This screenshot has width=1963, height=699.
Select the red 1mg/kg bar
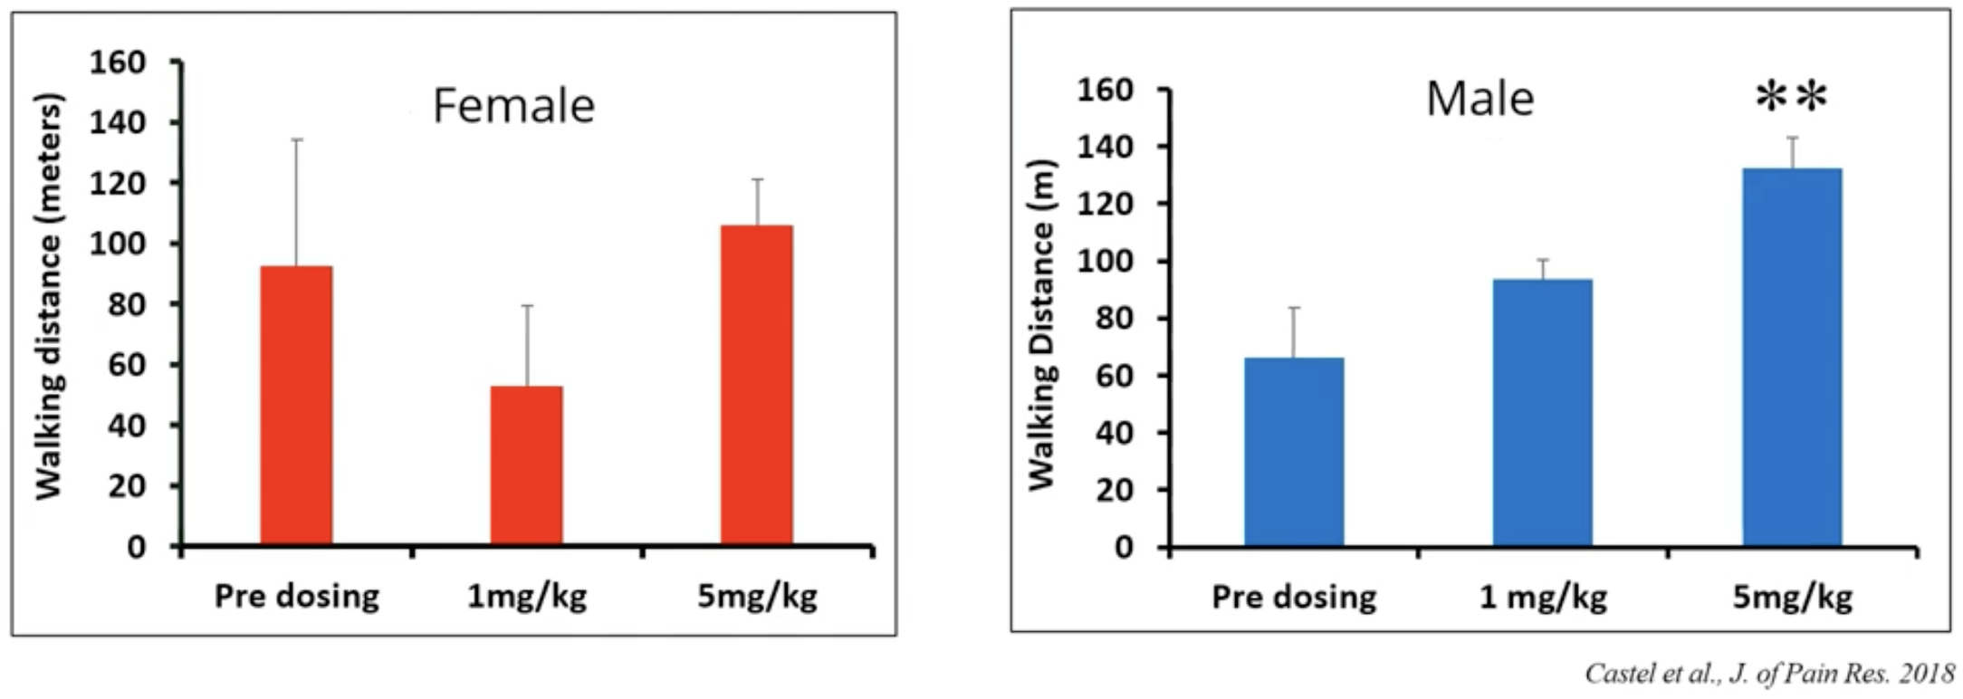tap(526, 465)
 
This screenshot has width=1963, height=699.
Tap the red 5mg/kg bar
tap(757, 386)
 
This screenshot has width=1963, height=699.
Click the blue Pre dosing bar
tap(1293, 452)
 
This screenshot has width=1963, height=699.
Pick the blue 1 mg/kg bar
tap(1542, 413)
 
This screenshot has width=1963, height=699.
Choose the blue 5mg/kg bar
tap(1792, 358)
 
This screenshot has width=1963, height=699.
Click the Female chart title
tap(513, 106)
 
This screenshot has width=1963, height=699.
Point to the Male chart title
tap(1479, 99)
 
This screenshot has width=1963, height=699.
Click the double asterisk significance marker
tap(1791, 97)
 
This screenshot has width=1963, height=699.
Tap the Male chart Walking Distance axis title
tap(1042, 325)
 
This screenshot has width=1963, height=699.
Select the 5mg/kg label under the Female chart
tap(757, 597)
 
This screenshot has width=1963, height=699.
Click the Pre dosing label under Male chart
tap(1293, 598)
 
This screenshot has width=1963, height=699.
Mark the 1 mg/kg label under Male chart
tap(1542, 598)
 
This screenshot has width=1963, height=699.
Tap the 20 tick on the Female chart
tap(126, 486)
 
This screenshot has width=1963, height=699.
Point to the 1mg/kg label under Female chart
tap(526, 597)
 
